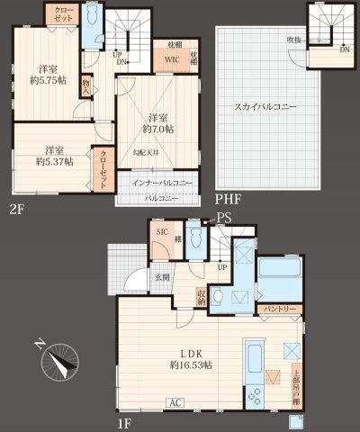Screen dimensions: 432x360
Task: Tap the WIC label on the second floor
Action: click(172, 60)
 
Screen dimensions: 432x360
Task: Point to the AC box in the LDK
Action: click(175, 401)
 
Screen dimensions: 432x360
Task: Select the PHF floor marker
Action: click(226, 199)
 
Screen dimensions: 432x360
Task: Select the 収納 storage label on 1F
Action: click(202, 298)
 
